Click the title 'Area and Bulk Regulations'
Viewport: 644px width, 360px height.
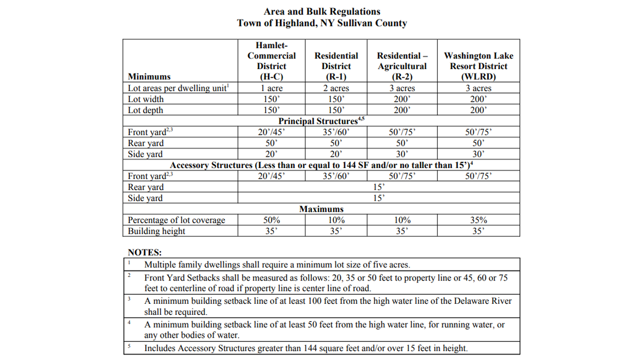322,11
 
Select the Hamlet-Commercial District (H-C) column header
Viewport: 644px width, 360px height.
272,61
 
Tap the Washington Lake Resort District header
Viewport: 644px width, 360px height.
478,66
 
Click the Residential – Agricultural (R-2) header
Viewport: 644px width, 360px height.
402,66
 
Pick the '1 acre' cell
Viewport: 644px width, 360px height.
272,88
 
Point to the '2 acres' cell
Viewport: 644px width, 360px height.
336,88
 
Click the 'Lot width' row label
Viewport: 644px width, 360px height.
146,99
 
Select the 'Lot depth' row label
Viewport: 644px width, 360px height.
145,110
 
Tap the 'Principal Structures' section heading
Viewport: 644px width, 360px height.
321,121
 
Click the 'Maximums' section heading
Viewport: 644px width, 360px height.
321,209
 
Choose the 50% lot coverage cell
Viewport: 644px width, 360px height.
272,220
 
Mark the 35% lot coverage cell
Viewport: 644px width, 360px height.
478,220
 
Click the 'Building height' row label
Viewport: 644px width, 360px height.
156,231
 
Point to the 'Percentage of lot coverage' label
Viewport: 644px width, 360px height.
176,220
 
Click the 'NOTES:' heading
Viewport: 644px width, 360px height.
145,253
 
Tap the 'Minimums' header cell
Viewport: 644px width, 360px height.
149,77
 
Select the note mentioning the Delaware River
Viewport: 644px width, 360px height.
328,306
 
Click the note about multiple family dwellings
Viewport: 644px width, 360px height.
277,265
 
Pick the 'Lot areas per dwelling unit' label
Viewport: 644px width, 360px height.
178,88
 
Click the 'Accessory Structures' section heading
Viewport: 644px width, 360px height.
321,165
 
